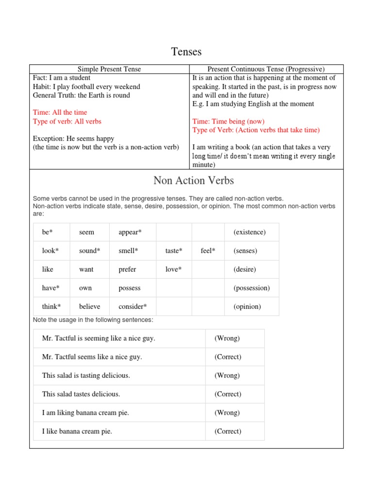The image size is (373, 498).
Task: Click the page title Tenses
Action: coord(186,52)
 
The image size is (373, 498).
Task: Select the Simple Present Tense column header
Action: coord(109,69)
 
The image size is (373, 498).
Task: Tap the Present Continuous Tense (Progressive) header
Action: coord(266,69)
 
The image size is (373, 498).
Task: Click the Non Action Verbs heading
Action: coord(193,180)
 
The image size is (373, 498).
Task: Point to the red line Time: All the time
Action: coord(60,112)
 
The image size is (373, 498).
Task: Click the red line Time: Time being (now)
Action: coord(228,121)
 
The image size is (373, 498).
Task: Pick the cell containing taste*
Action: coord(174,251)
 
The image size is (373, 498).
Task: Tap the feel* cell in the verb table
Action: coord(208,251)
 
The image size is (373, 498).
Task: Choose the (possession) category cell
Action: coord(252,288)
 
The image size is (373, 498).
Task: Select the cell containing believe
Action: coord(89,306)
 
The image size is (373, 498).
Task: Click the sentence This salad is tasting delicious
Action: coord(86,375)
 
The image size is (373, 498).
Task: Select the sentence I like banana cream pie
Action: coord(77,431)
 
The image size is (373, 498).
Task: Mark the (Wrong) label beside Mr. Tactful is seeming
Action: coord(227,338)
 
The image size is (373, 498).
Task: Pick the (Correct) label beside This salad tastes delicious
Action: coord(228,394)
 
